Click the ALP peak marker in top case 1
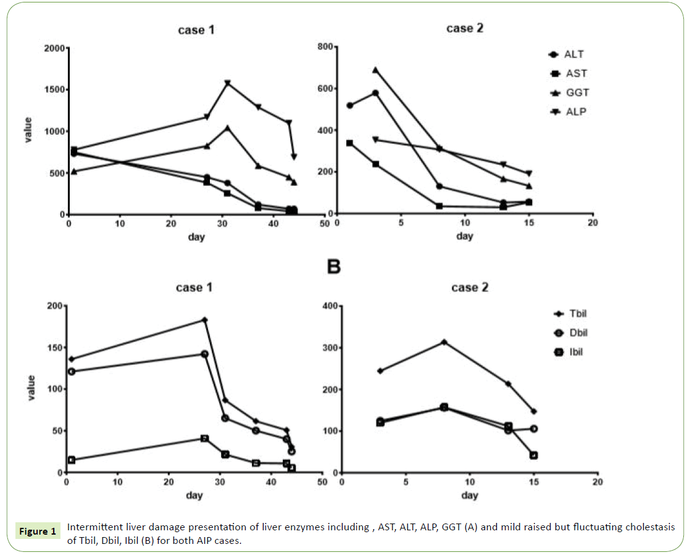[228, 83]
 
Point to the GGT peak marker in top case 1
[228, 128]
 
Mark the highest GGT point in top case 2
[375, 70]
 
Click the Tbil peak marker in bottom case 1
[204, 320]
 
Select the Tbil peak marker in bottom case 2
[443, 342]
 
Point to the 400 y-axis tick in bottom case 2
[328, 306]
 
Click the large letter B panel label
[333, 267]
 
